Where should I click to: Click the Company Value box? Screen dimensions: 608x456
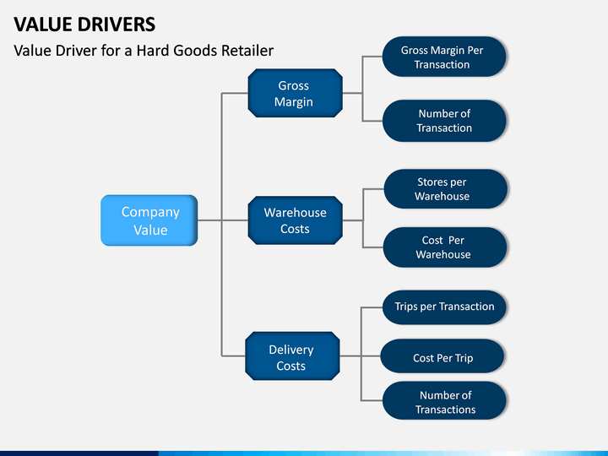pos(149,220)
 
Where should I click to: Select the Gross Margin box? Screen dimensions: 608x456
pos(295,93)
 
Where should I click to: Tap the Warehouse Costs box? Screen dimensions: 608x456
pos(295,220)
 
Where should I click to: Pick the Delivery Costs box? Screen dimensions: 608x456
pos(292,356)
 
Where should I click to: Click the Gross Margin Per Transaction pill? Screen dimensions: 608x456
pos(444,57)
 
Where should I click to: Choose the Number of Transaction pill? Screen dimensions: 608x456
pos(444,121)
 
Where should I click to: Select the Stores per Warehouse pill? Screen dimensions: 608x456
pos(446,189)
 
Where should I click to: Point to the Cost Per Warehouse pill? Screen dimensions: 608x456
pos(445,247)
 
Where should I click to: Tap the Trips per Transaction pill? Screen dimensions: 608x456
pos(444,307)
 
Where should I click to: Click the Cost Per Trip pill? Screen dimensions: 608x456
pos(442,356)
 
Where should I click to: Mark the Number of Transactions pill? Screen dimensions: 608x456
pos(444,400)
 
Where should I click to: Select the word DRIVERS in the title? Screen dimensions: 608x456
pos(117,24)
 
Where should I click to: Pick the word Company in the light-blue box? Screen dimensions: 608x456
pos(150,213)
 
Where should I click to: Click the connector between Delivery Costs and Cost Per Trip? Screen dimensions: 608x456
pos(361,356)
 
